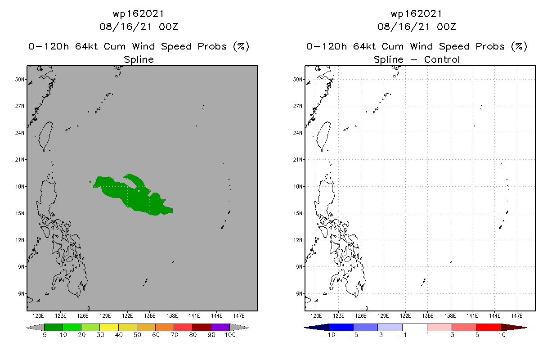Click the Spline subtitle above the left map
(x=139, y=59)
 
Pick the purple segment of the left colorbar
(x=220, y=327)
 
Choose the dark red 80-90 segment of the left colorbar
(x=202, y=327)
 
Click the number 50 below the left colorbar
(x=137, y=335)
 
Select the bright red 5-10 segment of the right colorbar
(x=489, y=327)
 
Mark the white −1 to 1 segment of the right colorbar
(x=414, y=327)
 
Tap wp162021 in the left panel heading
(x=139, y=14)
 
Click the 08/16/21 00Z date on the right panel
(x=417, y=27)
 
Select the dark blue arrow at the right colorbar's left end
(x=310, y=327)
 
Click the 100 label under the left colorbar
(x=230, y=335)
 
